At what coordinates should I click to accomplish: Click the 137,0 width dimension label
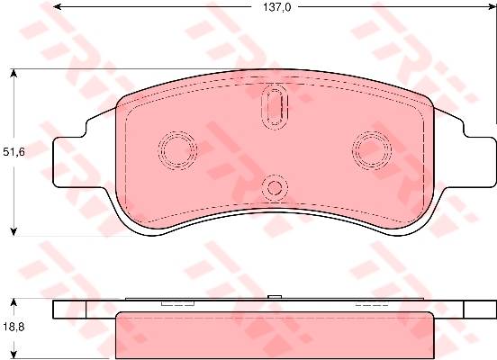276,7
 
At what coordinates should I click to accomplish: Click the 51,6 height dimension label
14,152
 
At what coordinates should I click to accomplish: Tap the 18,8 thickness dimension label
14,327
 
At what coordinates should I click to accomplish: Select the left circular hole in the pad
177,149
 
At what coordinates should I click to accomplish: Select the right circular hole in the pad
372,149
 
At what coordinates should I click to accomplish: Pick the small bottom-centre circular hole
275,187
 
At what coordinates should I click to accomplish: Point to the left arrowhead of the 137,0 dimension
57,7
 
